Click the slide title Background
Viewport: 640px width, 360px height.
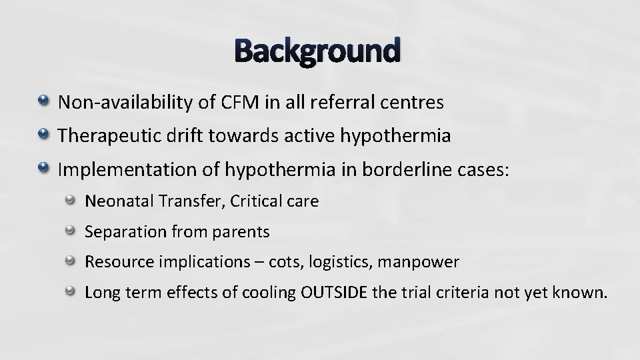(318, 51)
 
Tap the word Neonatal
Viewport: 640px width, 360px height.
(115, 201)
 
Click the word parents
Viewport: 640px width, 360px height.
(239, 232)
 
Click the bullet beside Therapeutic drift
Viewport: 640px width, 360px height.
(44, 135)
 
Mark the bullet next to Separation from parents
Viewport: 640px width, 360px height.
(71, 231)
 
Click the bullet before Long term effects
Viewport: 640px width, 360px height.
(71, 291)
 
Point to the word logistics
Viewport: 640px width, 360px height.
(340, 263)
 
